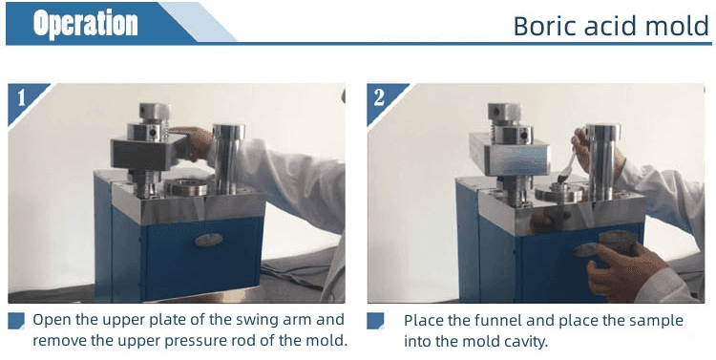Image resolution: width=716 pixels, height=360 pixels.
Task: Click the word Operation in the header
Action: [x=85, y=23]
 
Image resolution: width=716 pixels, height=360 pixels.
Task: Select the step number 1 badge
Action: [x=24, y=99]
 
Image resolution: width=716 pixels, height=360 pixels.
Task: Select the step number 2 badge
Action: [x=383, y=99]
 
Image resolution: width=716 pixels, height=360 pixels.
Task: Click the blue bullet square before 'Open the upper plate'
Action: [x=16, y=320]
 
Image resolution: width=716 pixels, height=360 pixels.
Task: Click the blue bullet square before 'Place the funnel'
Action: [x=375, y=320]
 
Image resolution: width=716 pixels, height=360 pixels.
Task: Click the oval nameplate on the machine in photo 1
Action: [x=209, y=241]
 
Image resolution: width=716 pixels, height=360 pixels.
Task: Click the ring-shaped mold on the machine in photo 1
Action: [x=186, y=187]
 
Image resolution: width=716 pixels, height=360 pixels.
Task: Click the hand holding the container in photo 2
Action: [x=621, y=269]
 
